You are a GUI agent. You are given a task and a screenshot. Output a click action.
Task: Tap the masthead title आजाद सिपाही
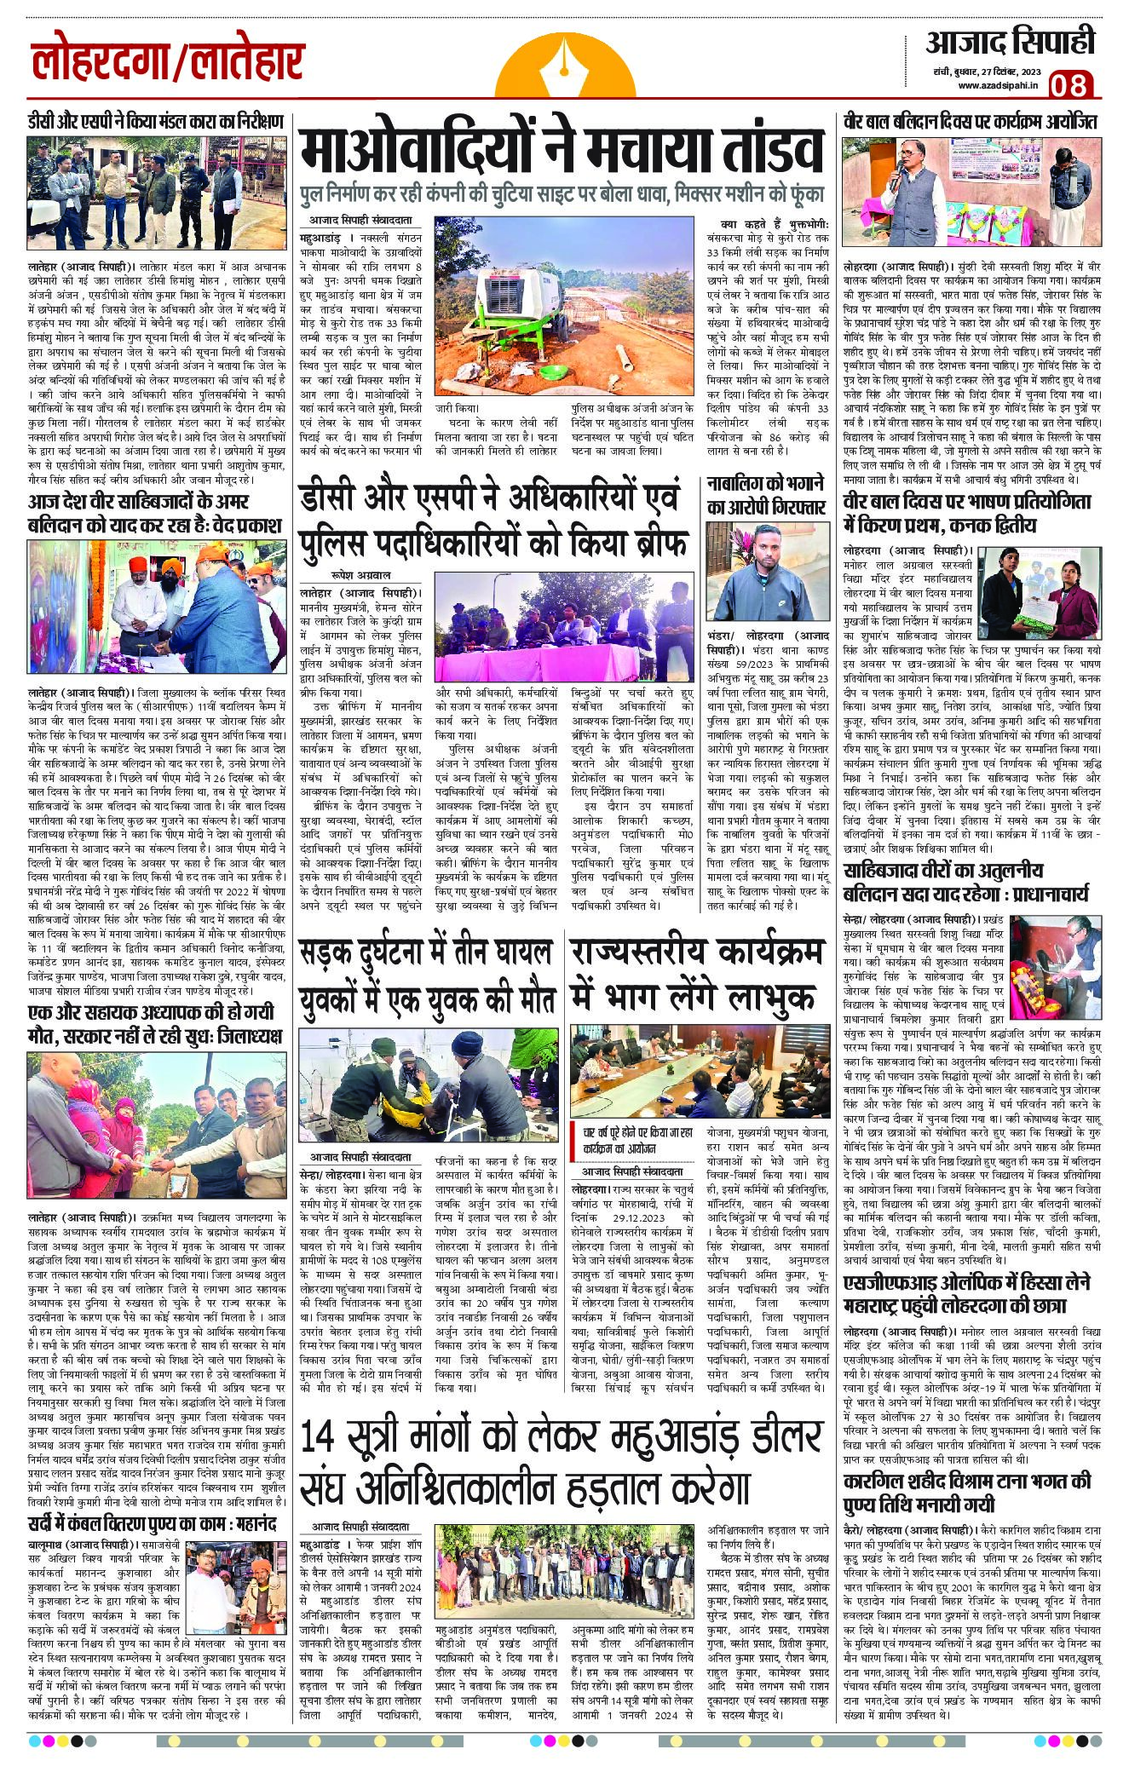tap(1010, 40)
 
